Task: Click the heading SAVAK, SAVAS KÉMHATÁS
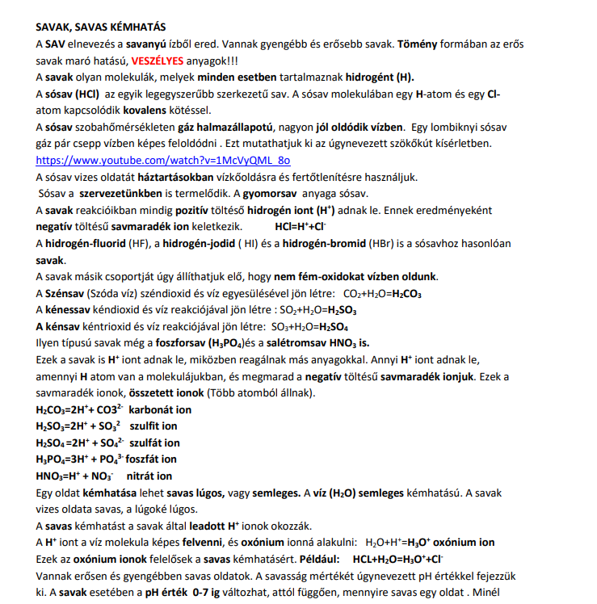coord(98,27)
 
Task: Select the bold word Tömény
coord(418,44)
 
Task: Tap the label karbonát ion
coord(161,409)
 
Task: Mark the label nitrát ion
coord(149,476)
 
